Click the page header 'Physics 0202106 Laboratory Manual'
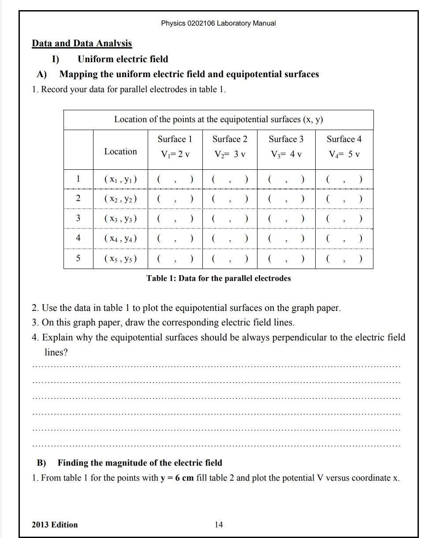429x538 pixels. (218, 23)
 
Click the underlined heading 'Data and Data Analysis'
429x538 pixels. (82, 43)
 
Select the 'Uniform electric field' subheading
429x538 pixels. (123, 59)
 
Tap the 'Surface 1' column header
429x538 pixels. (175, 139)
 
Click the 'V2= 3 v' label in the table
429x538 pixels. (230, 154)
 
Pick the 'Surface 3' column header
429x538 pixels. (286, 139)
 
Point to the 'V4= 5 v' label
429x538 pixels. (344, 154)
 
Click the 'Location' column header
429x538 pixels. (120, 151)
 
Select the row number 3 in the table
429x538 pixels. (78, 218)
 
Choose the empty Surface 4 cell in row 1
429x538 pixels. (344, 179)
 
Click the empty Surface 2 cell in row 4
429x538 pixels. (230, 239)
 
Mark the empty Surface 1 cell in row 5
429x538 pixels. (175, 259)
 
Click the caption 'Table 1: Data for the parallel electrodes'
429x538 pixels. (219, 278)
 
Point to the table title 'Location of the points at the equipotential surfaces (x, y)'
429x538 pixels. (219, 120)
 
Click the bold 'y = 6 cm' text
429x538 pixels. (177, 478)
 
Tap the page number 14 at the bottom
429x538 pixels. (219, 524)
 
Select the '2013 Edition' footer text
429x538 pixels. (55, 525)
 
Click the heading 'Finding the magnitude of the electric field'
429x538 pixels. (140, 463)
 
